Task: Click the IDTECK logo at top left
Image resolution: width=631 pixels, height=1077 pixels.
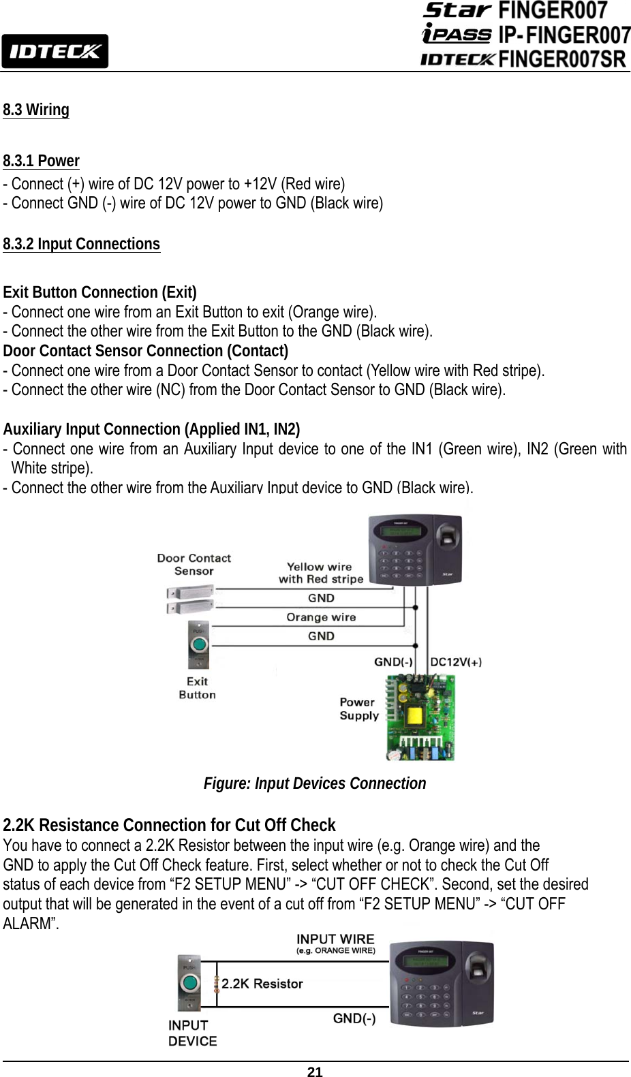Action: click(55, 51)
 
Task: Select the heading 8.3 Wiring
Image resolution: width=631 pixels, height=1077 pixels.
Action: click(36, 110)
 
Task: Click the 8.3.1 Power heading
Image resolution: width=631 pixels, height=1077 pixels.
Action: click(41, 161)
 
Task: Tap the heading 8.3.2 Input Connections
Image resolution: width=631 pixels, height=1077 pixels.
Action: click(82, 244)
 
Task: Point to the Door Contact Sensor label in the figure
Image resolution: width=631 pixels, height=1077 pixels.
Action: click(194, 564)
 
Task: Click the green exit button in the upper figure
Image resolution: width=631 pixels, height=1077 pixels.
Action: click(198, 644)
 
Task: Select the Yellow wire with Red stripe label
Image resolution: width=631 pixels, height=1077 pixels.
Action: click(320, 572)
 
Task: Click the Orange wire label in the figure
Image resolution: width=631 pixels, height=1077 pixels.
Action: click(320, 617)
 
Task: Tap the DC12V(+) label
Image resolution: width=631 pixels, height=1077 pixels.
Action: click(456, 661)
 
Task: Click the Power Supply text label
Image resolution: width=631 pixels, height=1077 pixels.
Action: click(358, 708)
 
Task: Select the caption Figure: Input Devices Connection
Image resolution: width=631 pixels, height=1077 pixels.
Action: click(315, 783)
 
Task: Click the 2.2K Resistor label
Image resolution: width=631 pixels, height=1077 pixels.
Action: click(262, 984)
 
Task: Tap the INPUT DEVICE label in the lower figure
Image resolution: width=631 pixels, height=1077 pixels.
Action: click(193, 1033)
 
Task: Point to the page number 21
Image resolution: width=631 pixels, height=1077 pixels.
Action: click(314, 1072)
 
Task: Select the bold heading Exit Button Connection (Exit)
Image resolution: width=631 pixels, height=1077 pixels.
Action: click(100, 293)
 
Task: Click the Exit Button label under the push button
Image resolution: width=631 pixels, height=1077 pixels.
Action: click(197, 688)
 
